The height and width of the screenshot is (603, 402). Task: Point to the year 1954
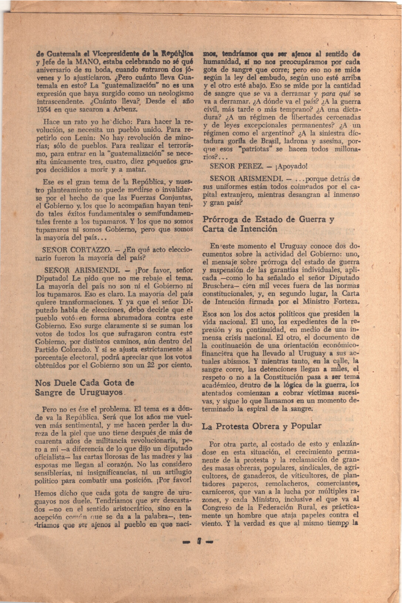pyautogui.click(x=44, y=109)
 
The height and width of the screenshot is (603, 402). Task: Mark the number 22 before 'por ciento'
pyautogui.click(x=149, y=365)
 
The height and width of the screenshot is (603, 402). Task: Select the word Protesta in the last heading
pyautogui.click(x=233, y=426)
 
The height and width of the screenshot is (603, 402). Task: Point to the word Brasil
pyautogui.click(x=269, y=141)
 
